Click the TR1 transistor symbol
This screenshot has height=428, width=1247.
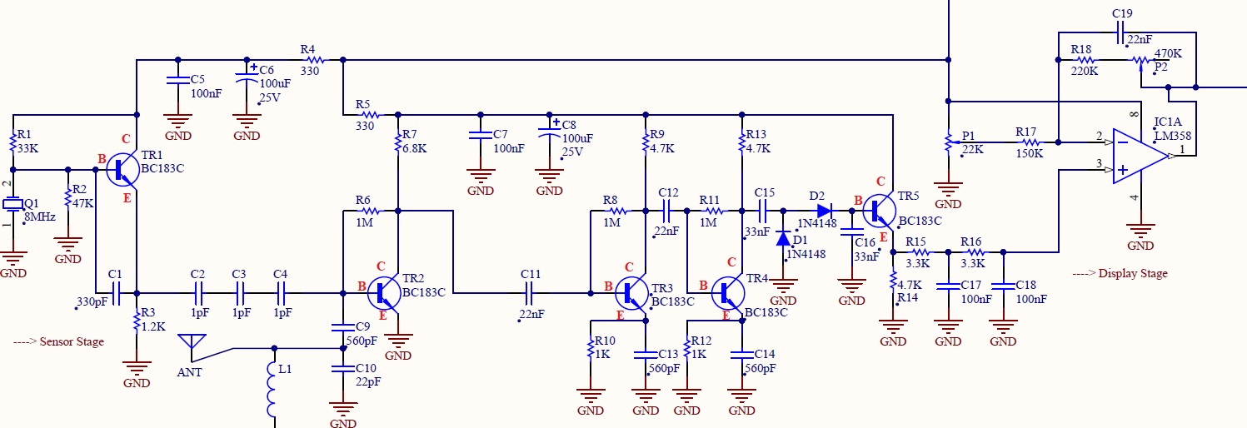point(122,169)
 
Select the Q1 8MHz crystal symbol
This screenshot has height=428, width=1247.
point(12,204)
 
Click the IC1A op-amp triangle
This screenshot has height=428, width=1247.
point(1139,156)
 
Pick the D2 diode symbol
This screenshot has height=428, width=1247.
point(825,211)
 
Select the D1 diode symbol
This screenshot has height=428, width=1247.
point(783,238)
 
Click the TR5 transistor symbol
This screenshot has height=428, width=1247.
point(879,211)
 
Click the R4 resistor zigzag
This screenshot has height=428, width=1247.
point(315,60)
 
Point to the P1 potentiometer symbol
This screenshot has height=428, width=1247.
point(950,142)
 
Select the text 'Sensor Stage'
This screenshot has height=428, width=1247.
point(72,341)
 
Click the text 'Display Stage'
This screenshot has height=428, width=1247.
point(1133,273)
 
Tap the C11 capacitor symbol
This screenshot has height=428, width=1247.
point(529,293)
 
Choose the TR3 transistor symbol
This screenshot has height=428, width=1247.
point(632,293)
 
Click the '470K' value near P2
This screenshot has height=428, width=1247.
point(1168,53)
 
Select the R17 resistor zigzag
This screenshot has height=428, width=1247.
point(1031,142)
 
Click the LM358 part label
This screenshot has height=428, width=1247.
point(1173,136)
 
